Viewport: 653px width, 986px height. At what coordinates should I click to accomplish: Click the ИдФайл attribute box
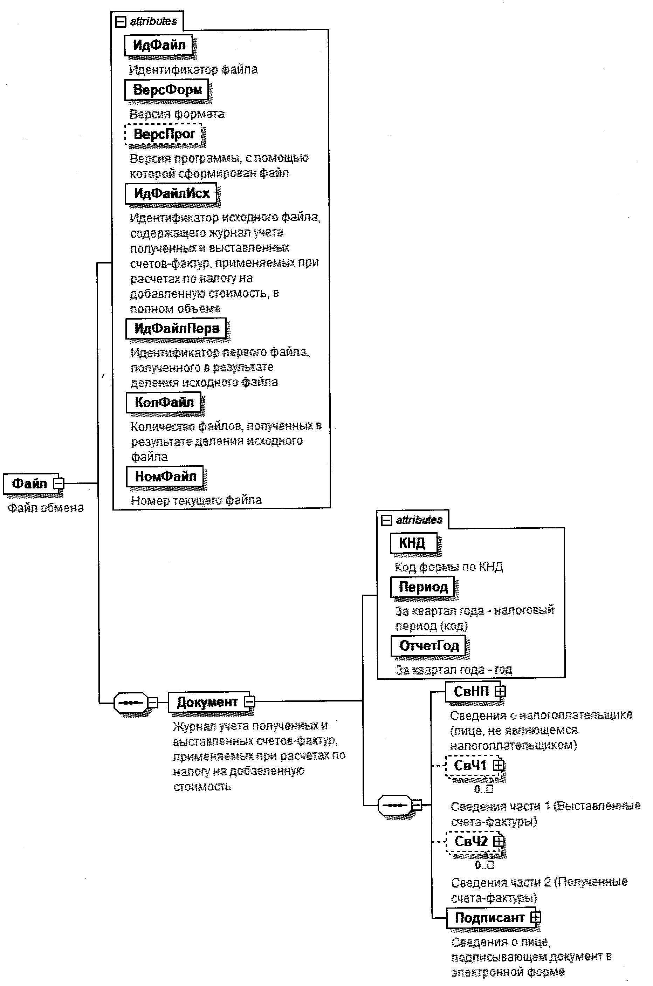[159, 45]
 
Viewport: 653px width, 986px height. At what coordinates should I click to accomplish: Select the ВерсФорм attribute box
[167, 90]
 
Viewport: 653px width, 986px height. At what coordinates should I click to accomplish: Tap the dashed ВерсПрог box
[164, 134]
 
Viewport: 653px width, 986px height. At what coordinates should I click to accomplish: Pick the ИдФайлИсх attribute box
[171, 193]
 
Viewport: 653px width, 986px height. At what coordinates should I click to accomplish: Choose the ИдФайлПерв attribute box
[176, 328]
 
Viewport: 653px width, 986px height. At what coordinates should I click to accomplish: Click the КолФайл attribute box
[164, 402]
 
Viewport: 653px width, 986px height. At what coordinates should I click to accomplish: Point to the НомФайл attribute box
[165, 476]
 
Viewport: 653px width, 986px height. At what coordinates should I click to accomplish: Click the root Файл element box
[29, 484]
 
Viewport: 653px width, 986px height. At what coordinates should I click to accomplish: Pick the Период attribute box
[423, 587]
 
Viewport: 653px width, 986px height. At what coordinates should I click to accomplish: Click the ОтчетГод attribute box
[428, 646]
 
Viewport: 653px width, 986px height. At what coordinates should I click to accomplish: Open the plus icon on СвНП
[500, 691]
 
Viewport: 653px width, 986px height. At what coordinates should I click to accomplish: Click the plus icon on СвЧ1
[498, 765]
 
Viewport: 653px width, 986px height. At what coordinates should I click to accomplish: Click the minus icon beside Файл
[59, 484]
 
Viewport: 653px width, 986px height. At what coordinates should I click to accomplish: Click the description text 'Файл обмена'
[46, 508]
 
